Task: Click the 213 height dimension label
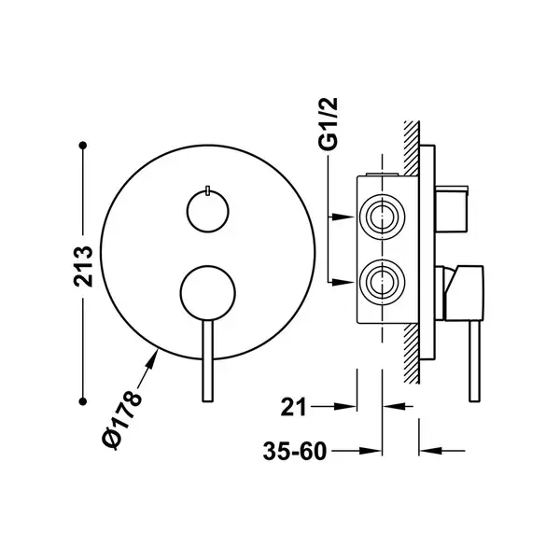pos(83,266)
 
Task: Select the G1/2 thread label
pos(328,123)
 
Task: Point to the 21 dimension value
pos(294,407)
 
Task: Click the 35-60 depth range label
pos(295,451)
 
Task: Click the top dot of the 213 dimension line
pos(83,146)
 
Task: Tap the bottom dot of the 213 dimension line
pos(83,401)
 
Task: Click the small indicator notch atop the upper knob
pos(207,190)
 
